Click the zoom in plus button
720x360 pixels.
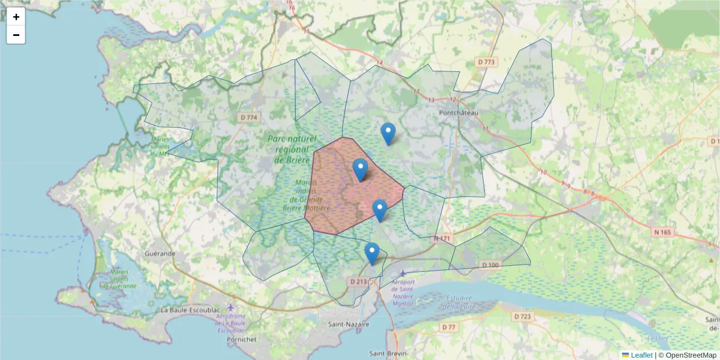pos(16,17)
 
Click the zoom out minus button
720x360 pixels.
pos(16,35)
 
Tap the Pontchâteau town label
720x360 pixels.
pos(458,112)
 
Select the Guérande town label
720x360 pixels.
pos(160,254)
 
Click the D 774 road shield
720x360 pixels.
pos(248,118)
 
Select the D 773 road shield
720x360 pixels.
pos(487,62)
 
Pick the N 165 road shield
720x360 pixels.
pos(660,232)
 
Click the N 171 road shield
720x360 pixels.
pos(442,239)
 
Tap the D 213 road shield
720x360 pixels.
pos(358,281)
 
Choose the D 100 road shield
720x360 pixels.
pos(490,265)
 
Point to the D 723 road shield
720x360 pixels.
pos(523,316)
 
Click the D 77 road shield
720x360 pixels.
pos(448,327)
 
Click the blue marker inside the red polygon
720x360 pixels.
pos(360,170)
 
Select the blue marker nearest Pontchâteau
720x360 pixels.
pos(388,134)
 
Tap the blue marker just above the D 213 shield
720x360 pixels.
pos(372,254)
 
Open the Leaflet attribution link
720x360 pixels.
pos(641,355)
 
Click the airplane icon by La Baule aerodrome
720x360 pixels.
pos(230,308)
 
